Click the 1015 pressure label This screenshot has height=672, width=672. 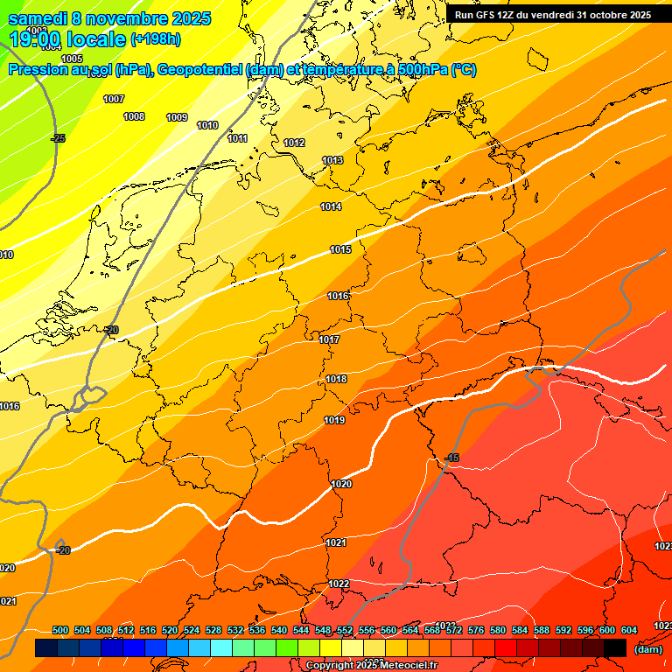340,250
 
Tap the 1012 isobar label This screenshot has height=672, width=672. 294,143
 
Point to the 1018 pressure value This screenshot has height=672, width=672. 336,380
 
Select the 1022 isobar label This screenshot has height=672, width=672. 339,584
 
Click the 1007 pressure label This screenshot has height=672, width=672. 114,99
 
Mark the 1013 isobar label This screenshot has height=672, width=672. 332,161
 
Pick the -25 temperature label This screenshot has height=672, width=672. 58,138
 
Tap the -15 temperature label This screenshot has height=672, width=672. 451,458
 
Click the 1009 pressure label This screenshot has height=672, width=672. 177,117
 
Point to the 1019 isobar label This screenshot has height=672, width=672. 333,421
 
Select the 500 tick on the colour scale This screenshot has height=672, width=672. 60,630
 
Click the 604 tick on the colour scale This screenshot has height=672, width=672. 629,630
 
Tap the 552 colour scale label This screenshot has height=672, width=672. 345,630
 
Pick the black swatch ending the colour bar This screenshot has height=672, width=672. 615,647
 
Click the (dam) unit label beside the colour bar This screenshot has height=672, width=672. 647,648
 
